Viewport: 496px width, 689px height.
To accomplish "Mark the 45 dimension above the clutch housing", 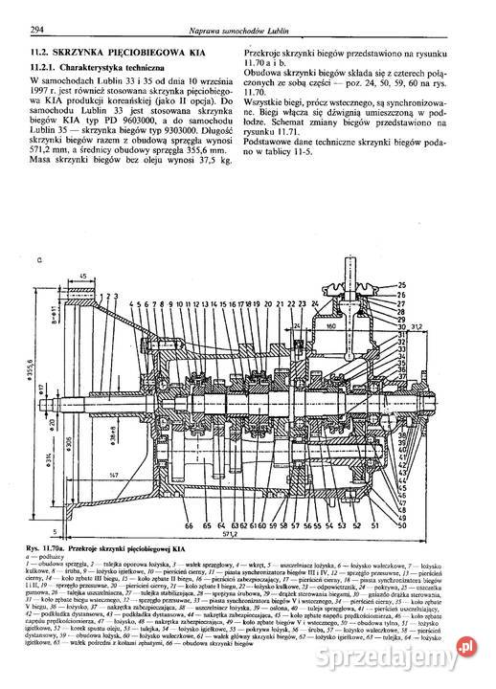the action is click(x=86, y=277).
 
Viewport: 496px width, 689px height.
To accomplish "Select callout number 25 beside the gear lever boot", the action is click(x=401, y=285).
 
